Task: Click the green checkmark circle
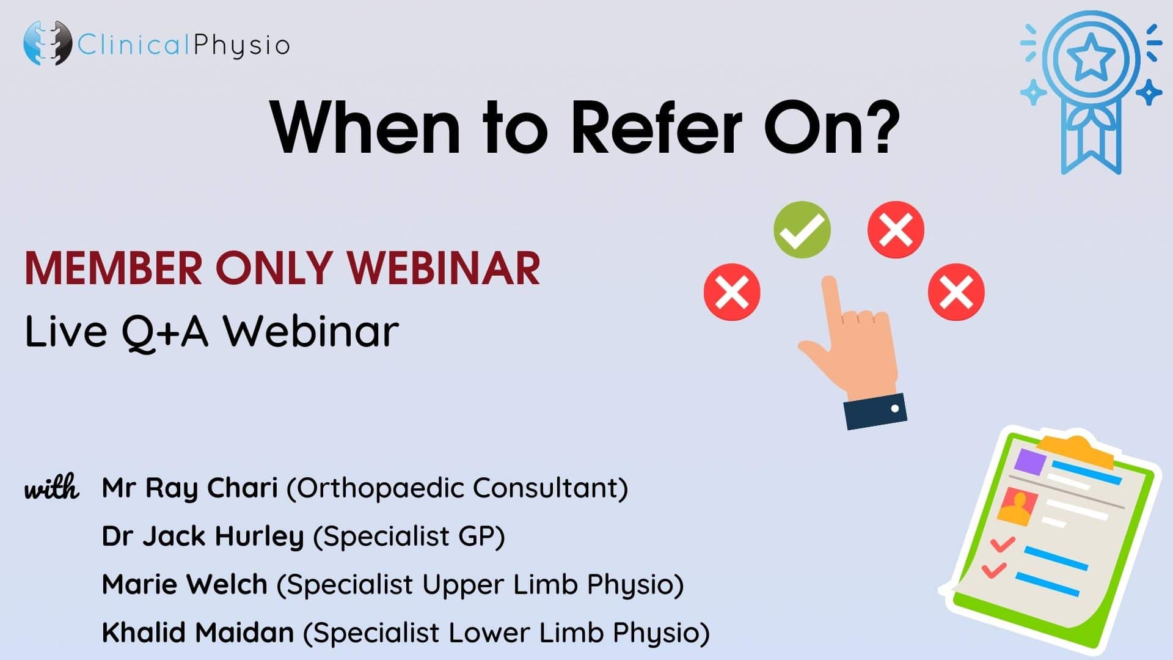point(802,230)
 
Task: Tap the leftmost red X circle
point(732,292)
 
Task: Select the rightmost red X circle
point(956,292)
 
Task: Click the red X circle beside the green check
point(896,230)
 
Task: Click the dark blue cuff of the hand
point(875,411)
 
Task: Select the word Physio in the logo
point(241,45)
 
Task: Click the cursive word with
point(52,487)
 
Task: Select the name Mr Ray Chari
point(190,488)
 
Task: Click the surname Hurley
point(259,537)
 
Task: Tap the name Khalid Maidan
point(198,632)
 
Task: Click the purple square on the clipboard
point(1029,462)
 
